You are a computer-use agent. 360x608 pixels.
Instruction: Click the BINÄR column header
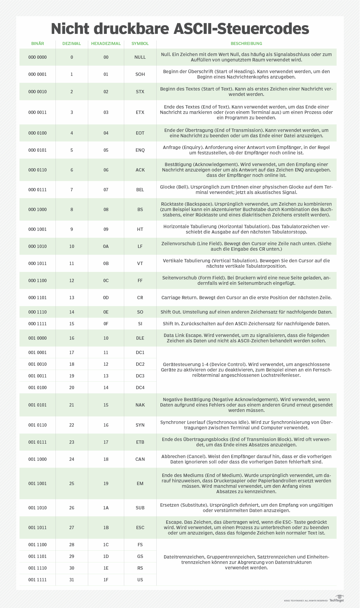tap(37, 43)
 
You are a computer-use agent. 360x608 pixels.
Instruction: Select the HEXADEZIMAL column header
tap(106, 43)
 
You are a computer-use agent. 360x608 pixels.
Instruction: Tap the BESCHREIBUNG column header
tap(246, 43)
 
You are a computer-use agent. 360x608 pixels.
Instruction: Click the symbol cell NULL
tap(140, 57)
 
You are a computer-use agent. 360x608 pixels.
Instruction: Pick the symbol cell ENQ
tap(140, 150)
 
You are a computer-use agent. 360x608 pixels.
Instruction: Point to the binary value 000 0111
tap(37, 190)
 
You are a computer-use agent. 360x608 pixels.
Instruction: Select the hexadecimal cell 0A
tap(106, 246)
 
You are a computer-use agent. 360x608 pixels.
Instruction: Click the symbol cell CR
tap(140, 298)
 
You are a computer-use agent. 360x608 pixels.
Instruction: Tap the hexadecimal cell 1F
tap(106, 580)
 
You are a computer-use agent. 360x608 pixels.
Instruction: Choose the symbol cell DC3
tap(140, 376)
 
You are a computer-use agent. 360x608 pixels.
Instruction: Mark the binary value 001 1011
tap(37, 528)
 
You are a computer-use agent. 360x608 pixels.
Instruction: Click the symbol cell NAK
tap(140, 405)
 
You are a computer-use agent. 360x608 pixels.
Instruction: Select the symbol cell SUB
tap(140, 508)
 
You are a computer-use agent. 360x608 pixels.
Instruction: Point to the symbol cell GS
tap(140, 556)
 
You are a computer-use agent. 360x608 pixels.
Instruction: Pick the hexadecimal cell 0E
tap(106, 312)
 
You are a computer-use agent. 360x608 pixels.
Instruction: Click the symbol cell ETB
tap(140, 442)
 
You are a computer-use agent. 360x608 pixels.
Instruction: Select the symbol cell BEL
tap(140, 190)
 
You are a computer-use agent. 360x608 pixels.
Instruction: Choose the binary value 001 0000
tap(37, 338)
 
